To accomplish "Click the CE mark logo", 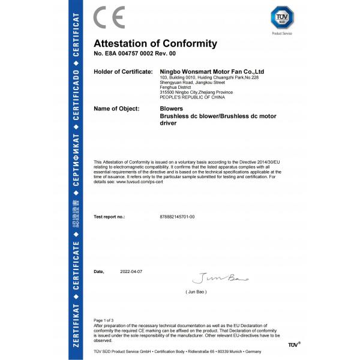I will point(109,18).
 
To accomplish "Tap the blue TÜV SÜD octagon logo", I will point(281,17).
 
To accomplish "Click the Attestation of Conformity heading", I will point(155,44).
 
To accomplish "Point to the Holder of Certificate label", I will point(123,71).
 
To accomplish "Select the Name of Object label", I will point(117,109).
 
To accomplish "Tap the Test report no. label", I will point(109,216).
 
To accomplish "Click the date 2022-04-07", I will point(131,272).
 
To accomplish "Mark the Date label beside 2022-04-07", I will point(99,272).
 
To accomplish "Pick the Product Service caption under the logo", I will point(281,34).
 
